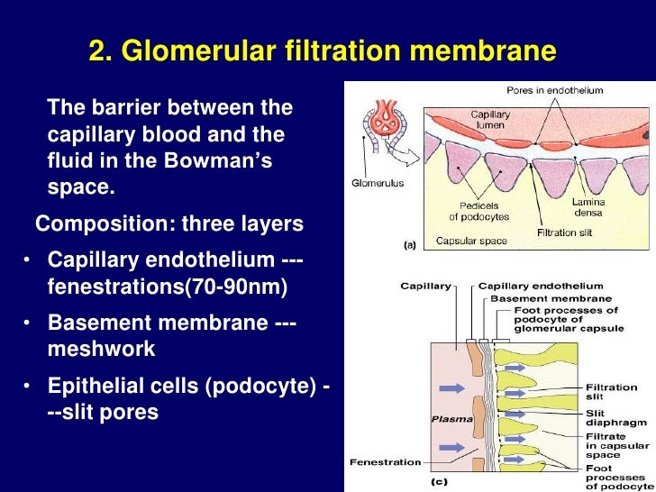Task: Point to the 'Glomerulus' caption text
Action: click(x=377, y=183)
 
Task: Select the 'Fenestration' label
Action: click(x=386, y=462)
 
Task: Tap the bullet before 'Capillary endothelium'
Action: click(x=29, y=261)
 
